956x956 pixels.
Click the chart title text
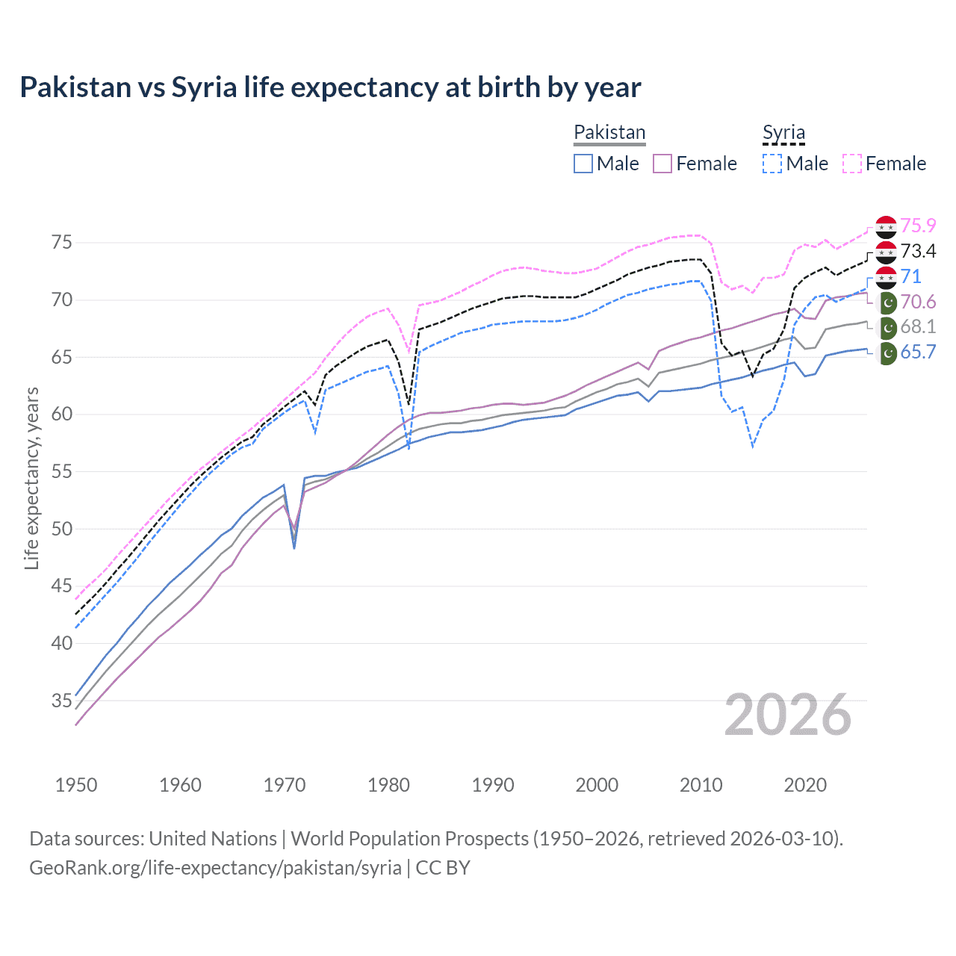[x=330, y=87]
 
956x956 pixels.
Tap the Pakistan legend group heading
[x=609, y=132]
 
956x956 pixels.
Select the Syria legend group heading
[x=783, y=132]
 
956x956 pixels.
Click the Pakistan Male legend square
[x=583, y=164]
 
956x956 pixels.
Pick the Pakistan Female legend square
[x=662, y=164]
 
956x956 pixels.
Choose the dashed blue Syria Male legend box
[x=772, y=164]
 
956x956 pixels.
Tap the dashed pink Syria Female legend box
[x=852, y=164]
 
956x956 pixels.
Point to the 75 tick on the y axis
[x=62, y=242]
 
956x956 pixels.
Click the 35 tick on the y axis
[x=62, y=701]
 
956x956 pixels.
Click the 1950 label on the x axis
[x=76, y=785]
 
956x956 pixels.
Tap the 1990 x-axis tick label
[x=493, y=785]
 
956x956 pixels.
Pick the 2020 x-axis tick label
[x=805, y=785]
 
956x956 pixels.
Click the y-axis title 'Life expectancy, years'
[x=31, y=478]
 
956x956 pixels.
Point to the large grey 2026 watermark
[x=787, y=716]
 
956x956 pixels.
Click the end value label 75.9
[x=918, y=226]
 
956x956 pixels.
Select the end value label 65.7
[x=918, y=352]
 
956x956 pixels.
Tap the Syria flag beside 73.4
[x=886, y=252]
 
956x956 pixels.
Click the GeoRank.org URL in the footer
[x=215, y=868]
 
